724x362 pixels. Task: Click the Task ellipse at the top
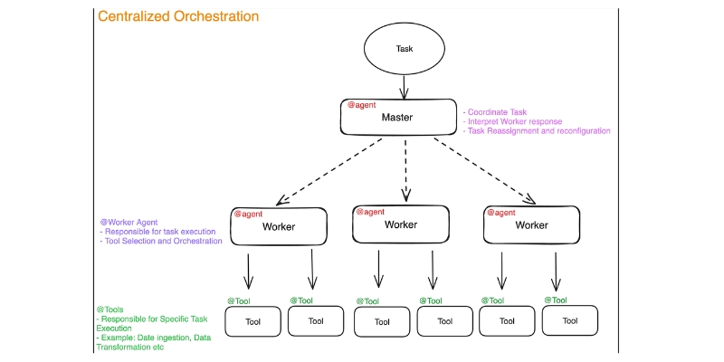[x=405, y=49]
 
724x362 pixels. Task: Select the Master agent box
[x=398, y=118]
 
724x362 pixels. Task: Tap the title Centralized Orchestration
[x=177, y=16]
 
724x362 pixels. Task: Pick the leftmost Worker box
[x=278, y=225]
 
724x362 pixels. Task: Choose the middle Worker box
[x=400, y=224]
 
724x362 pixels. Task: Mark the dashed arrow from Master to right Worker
[x=484, y=172]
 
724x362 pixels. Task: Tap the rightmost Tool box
[x=569, y=320]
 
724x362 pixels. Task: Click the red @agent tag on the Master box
[x=363, y=105]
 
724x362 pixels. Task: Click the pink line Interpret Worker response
[x=512, y=121]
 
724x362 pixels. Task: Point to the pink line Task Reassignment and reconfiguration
[x=536, y=131]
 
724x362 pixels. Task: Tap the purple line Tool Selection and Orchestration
[x=161, y=242]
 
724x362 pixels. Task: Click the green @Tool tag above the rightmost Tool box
[x=555, y=300]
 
